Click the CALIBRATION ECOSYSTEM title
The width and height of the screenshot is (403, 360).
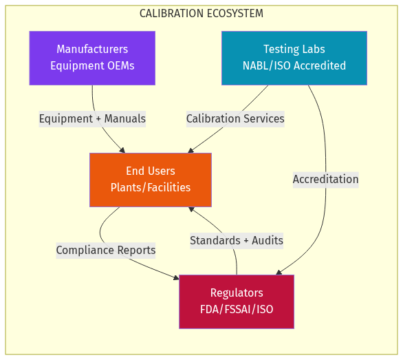pyautogui.click(x=201, y=14)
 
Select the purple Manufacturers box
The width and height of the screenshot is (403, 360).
pyautogui.click(x=92, y=58)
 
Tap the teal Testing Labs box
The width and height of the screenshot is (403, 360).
pyautogui.click(x=294, y=58)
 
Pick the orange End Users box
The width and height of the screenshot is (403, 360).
pyautogui.click(x=151, y=180)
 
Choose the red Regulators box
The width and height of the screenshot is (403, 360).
pyautogui.click(x=237, y=301)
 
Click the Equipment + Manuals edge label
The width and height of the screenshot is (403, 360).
pyautogui.click(x=92, y=119)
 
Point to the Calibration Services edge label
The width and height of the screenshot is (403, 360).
pyautogui.click(x=235, y=119)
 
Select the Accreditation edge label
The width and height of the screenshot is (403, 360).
pyautogui.click(x=325, y=180)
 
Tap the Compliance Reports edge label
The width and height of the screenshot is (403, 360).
pyautogui.click(x=106, y=251)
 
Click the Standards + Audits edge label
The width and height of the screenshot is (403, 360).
pyautogui.click(x=237, y=241)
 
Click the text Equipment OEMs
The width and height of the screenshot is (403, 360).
pyautogui.click(x=92, y=66)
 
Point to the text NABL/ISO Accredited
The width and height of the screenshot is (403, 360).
pyautogui.click(x=294, y=66)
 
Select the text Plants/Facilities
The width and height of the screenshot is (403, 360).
pyautogui.click(x=151, y=188)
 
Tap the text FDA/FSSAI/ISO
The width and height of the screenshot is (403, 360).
pyautogui.click(x=237, y=310)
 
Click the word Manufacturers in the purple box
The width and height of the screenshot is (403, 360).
pyautogui.click(x=92, y=50)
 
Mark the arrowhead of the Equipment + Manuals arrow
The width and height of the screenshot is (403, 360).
pyautogui.click(x=122, y=150)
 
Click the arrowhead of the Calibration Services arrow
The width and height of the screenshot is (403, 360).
pyautogui.click(x=191, y=150)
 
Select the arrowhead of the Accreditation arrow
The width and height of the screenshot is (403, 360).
pyautogui.click(x=279, y=273)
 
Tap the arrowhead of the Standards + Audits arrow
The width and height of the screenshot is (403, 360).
pyautogui.click(x=192, y=209)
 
